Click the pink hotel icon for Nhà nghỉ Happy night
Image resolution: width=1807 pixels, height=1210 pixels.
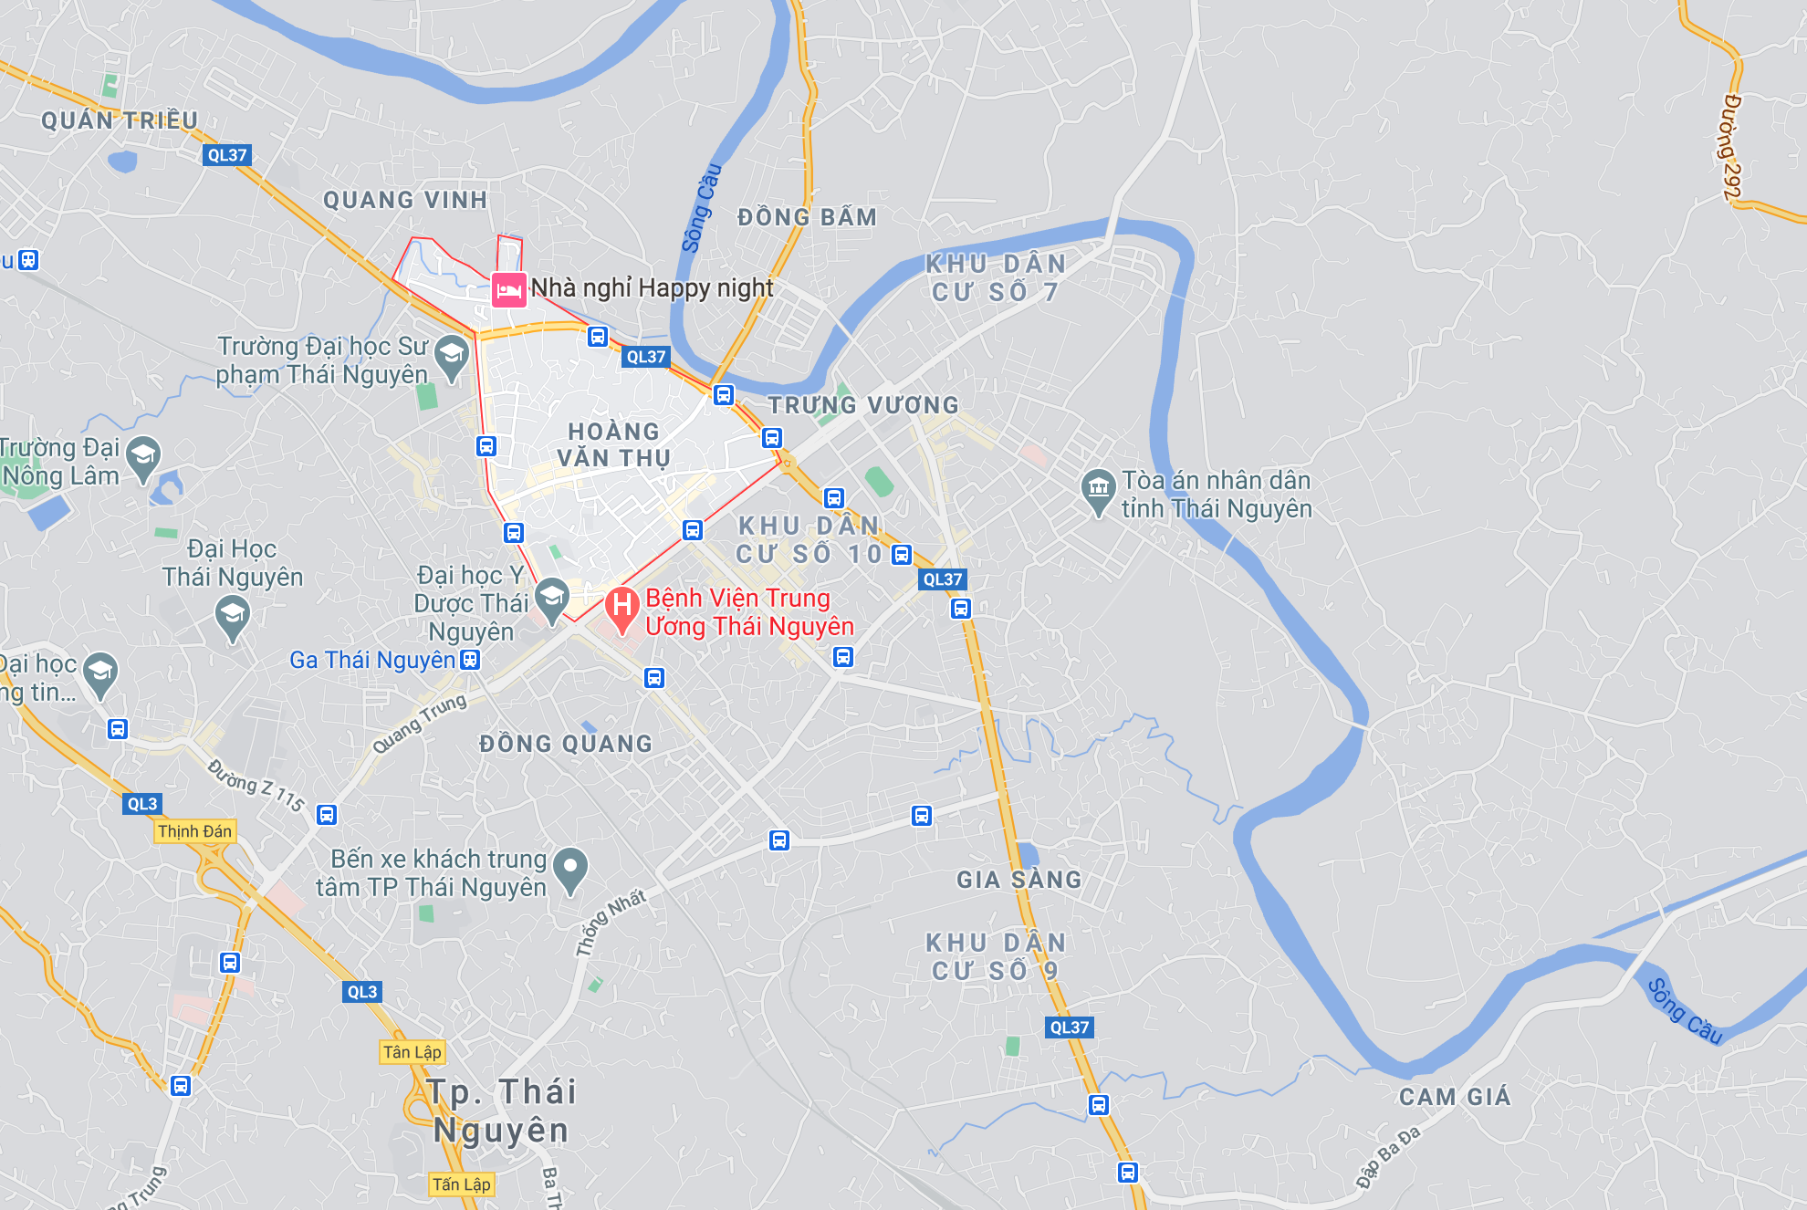508,290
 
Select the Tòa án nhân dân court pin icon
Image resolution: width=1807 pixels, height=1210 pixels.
1098,489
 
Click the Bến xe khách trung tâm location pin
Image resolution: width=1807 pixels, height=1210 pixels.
570,868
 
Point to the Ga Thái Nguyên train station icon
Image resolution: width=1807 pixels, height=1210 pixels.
470,660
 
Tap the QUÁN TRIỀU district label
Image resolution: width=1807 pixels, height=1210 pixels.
120,120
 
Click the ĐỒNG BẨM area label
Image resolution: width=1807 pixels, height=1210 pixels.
807,217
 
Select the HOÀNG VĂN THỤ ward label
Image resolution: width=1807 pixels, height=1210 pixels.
613,444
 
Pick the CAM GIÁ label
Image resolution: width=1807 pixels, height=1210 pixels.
1455,1097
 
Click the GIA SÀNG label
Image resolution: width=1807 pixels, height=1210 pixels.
1018,880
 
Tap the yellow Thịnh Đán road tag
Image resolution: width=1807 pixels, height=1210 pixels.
194,831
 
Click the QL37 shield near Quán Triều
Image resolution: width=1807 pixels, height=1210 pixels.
226,155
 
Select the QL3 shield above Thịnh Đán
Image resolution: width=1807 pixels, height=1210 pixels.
142,804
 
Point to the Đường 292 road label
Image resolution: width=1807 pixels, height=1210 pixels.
1731,146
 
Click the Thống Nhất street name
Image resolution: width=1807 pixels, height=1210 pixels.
611,922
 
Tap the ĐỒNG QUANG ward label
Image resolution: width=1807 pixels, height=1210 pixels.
566,744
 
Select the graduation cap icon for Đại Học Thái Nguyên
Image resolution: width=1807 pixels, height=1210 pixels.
232,616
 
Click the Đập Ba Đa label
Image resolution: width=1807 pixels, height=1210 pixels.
1388,1157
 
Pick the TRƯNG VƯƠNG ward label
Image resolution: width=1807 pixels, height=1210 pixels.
862,405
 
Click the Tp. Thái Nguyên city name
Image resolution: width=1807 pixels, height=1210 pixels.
501,1111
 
